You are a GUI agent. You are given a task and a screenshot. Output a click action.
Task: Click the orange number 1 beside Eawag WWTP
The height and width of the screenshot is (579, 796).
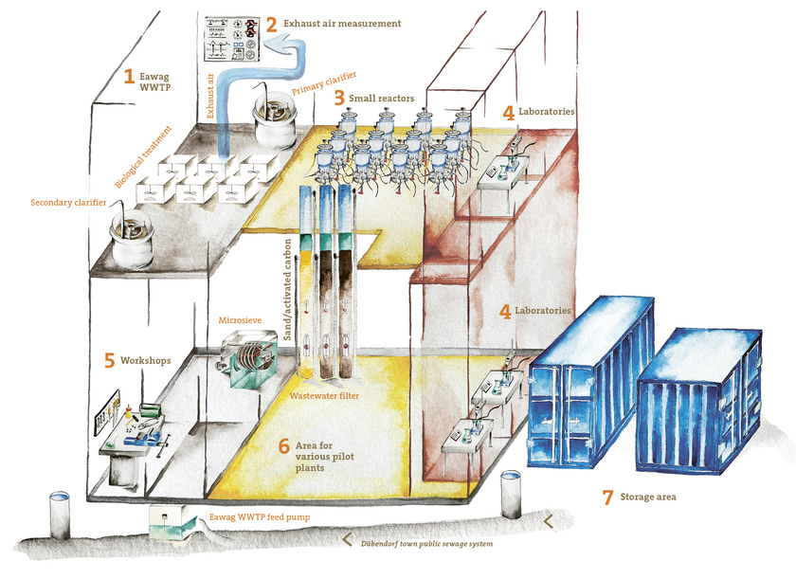pyautogui.click(x=130, y=76)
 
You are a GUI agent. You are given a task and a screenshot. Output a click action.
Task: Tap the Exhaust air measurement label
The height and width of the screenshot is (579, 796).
pyautogui.click(x=342, y=24)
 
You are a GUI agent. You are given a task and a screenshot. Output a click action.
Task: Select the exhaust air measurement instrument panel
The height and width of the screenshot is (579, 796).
pyautogui.click(x=232, y=39)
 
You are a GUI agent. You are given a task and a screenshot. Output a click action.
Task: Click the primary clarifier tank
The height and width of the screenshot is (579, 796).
pyautogui.click(x=276, y=122)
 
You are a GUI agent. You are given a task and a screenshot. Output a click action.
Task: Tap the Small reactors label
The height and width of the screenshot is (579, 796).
pyautogui.click(x=381, y=98)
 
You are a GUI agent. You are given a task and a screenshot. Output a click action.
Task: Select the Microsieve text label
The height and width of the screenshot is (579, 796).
pyautogui.click(x=240, y=320)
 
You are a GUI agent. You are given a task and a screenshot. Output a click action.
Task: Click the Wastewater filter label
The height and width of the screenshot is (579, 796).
pyautogui.click(x=324, y=396)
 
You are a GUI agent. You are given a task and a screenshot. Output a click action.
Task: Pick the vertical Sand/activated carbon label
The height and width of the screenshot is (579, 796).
pyautogui.click(x=288, y=289)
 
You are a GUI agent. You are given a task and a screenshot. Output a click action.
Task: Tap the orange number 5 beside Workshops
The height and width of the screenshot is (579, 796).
pyautogui.click(x=110, y=360)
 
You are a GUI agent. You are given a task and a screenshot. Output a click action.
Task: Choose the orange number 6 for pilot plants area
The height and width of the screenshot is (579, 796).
pyautogui.click(x=284, y=446)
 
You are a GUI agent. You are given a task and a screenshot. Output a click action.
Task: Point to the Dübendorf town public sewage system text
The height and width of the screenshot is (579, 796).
pyautogui.click(x=426, y=544)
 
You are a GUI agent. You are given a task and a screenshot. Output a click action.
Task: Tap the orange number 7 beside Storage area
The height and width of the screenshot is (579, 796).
pyautogui.click(x=607, y=498)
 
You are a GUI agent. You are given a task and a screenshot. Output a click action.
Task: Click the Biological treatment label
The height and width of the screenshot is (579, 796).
pyautogui.click(x=143, y=157)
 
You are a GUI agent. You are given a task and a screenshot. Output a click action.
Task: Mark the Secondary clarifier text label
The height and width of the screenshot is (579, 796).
pyautogui.click(x=68, y=203)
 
